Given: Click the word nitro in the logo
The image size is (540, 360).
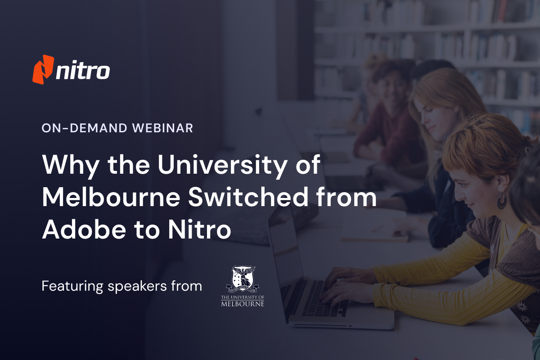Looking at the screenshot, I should pyautogui.click(x=82, y=71).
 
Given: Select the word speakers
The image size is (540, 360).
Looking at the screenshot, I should pyautogui.click(x=135, y=287).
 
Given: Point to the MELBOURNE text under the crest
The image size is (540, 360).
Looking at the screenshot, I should pyautogui.click(x=243, y=303).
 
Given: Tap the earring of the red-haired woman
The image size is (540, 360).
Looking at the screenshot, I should pyautogui.click(x=501, y=201).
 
